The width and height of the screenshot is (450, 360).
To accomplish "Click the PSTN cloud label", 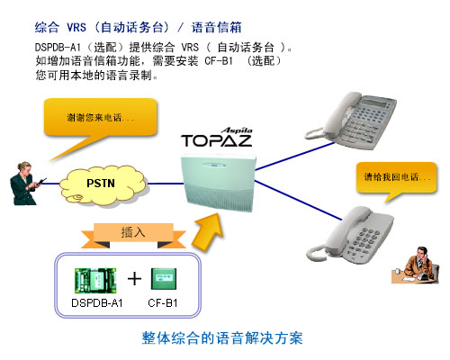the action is click(x=101, y=183).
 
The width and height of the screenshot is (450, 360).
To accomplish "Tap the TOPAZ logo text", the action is click(x=216, y=140).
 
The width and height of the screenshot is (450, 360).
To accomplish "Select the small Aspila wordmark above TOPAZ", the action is click(x=237, y=130).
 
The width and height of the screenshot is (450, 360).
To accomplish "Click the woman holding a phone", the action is click(x=25, y=184).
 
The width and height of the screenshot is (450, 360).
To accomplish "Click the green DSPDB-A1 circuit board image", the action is click(x=95, y=281).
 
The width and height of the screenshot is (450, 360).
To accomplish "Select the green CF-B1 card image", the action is click(x=164, y=279).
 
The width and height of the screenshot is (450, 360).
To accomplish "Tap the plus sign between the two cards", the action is click(x=134, y=279).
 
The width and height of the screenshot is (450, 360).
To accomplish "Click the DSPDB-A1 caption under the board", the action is click(x=97, y=303).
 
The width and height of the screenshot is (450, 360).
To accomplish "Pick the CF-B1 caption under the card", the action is click(x=163, y=303).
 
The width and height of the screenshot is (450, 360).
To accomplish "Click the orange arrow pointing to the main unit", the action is click(x=208, y=231).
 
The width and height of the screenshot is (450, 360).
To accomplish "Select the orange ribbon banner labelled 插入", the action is click(x=133, y=236).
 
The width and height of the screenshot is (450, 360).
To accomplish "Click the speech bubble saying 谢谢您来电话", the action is click(x=101, y=120).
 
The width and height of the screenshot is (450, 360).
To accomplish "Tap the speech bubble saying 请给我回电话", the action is click(x=396, y=178).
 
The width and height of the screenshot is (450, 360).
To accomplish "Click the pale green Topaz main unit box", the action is click(x=220, y=183).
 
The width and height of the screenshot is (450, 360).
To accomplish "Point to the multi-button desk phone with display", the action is click(x=351, y=120).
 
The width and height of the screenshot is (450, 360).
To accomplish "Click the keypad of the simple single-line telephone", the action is click(x=364, y=241).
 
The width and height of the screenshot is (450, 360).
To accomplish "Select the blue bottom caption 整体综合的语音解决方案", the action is click(x=222, y=338).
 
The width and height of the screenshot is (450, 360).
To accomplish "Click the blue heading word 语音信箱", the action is click(x=216, y=28).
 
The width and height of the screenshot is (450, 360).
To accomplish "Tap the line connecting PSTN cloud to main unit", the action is click(x=166, y=184).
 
